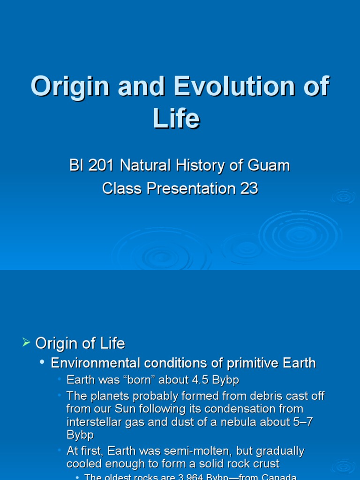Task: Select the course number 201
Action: point(102,165)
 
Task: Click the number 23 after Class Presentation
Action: point(249,188)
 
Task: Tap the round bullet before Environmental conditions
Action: point(42,362)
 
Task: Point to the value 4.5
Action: point(201,380)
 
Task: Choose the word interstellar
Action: point(95,421)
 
